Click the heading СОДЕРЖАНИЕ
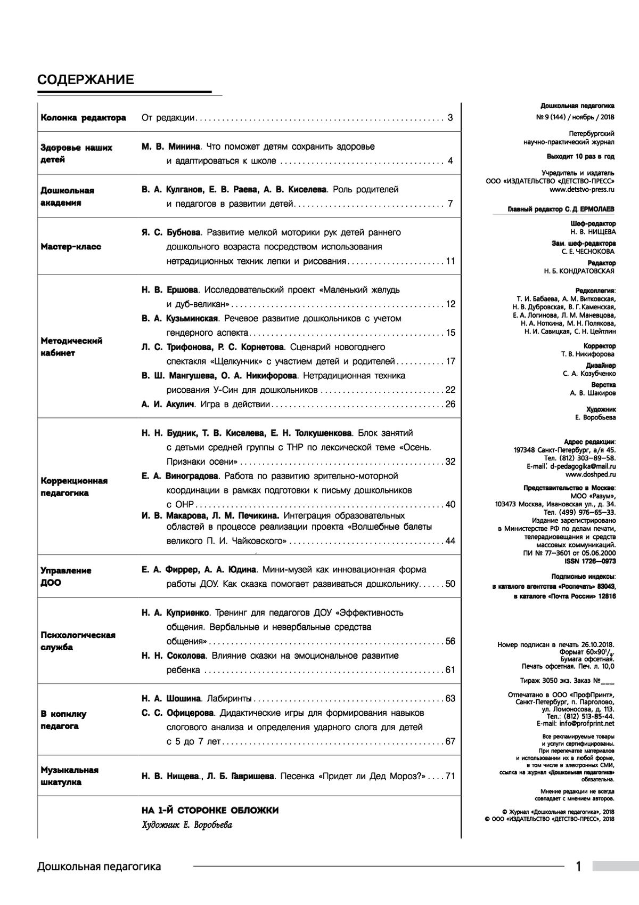pos(86,80)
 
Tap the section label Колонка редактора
pos(84,118)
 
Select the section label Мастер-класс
pos(71,247)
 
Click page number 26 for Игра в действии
pos(450,404)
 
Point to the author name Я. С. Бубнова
pos(171,232)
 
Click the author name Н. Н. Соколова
pos(174,656)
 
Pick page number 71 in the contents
pos(450,776)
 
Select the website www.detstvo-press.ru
pos(581,189)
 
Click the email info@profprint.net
pos(584,724)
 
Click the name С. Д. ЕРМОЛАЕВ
pos(591,209)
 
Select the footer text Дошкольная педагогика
pos(99,867)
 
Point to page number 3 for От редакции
pos(450,118)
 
